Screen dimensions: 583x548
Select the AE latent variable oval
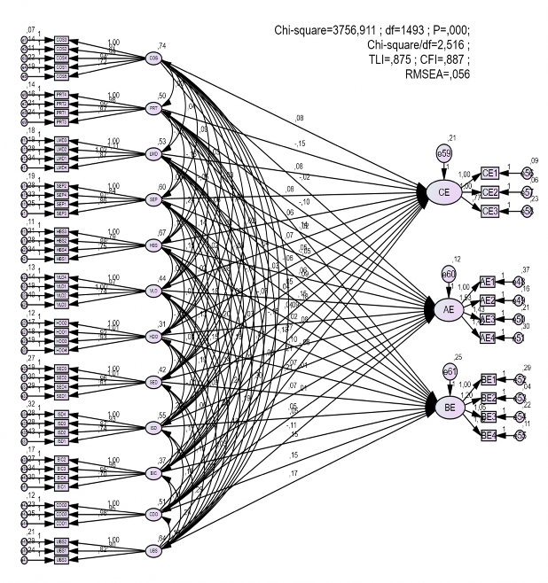click(x=448, y=309)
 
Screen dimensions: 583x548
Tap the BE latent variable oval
click(x=449, y=406)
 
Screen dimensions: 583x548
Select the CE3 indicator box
click(x=490, y=210)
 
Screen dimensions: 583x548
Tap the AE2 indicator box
click(x=488, y=300)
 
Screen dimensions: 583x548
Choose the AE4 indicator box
click(x=488, y=337)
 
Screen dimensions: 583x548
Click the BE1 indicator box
click(x=489, y=379)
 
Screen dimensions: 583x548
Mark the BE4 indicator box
click(x=489, y=434)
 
